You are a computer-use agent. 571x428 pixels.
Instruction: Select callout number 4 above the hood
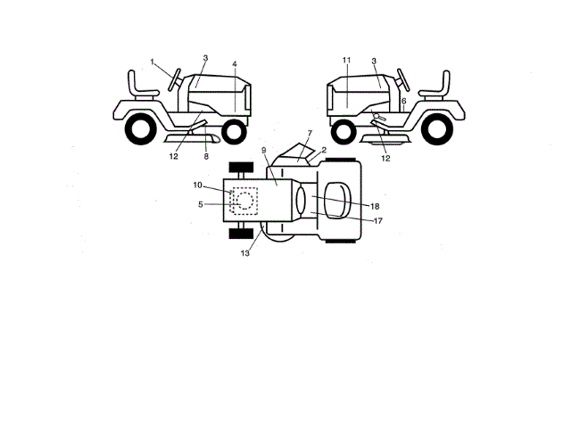(x=235, y=64)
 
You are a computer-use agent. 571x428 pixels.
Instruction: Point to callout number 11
(x=344, y=60)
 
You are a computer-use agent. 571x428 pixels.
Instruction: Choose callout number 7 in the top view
(x=309, y=134)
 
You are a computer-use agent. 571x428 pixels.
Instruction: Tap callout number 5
(x=200, y=204)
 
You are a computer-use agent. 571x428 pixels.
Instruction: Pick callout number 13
(x=244, y=253)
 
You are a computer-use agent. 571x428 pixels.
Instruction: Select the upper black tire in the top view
(x=238, y=168)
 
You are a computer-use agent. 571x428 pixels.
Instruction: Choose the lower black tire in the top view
(x=238, y=234)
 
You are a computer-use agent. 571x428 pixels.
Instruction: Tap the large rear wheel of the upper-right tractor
(x=437, y=130)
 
